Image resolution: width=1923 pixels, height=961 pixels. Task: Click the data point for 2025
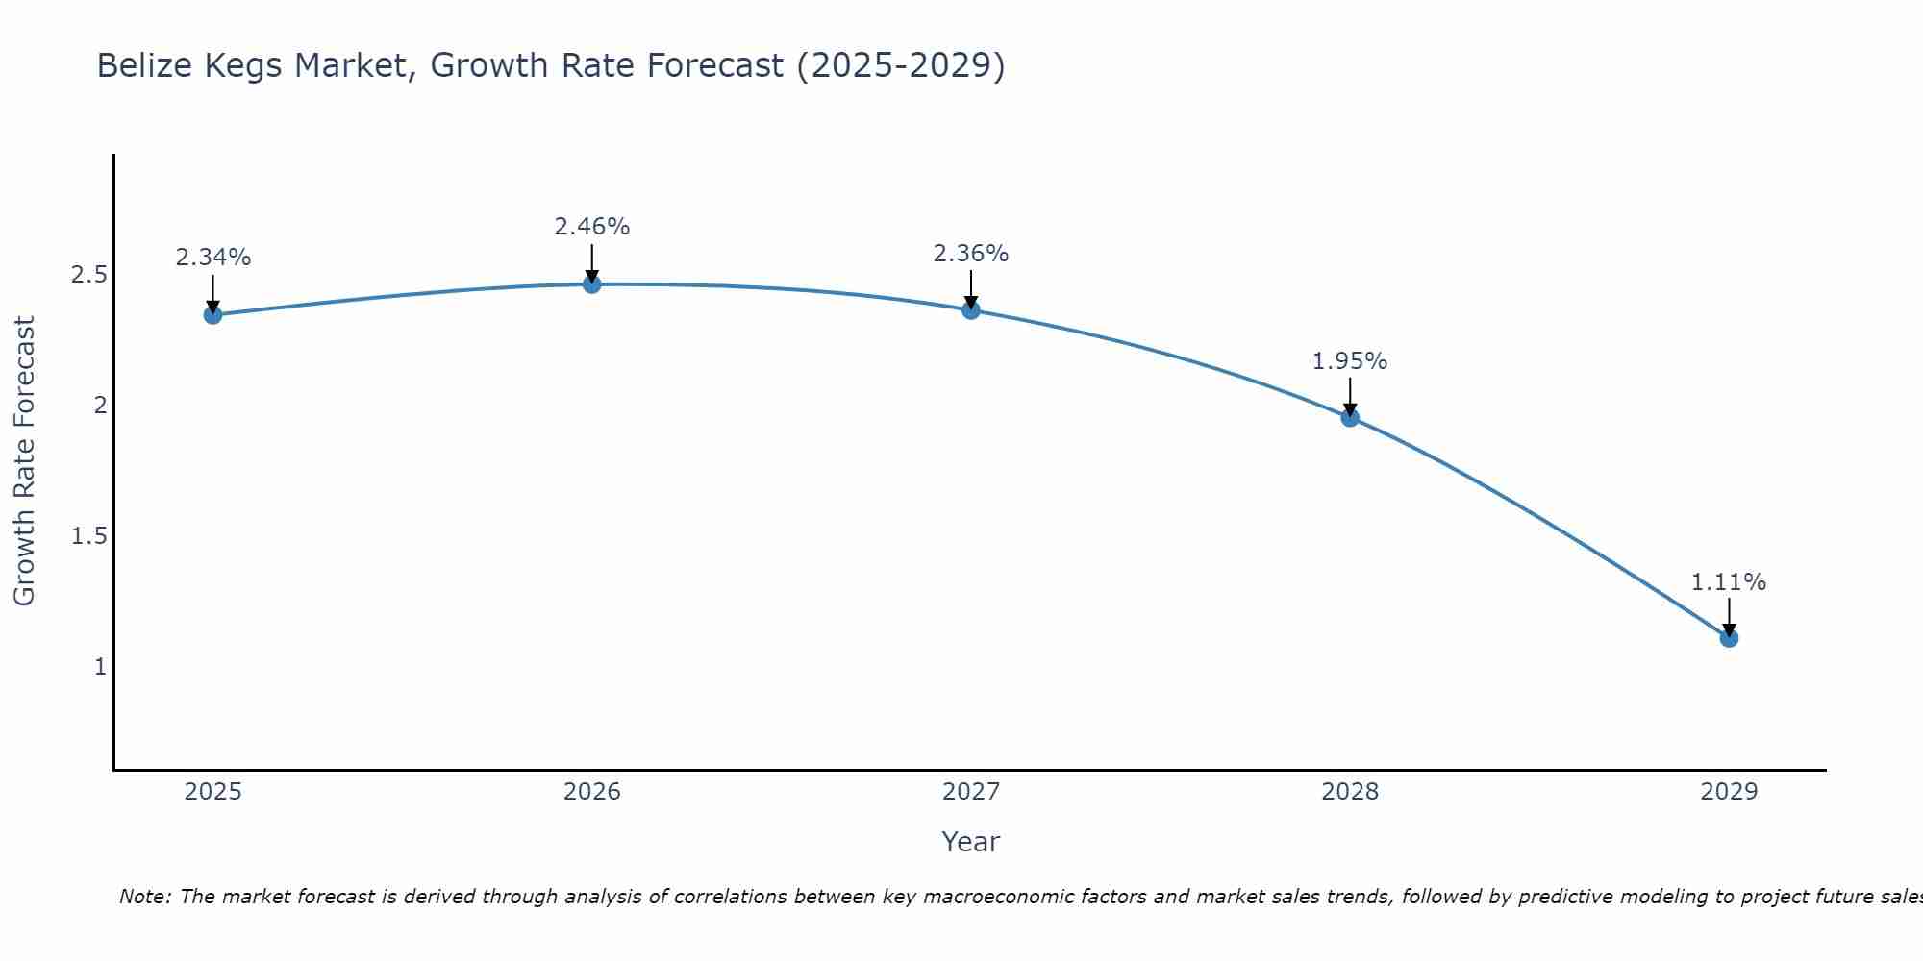tap(212, 314)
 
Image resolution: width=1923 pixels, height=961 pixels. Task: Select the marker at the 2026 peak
tap(591, 283)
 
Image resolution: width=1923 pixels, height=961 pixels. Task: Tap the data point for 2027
tap(971, 309)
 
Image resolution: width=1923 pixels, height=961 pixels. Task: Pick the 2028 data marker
tap(1350, 417)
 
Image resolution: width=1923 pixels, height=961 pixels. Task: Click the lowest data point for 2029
tap(1729, 637)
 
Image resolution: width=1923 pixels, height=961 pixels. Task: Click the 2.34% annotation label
tap(212, 258)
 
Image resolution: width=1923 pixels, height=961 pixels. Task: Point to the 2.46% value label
tap(591, 227)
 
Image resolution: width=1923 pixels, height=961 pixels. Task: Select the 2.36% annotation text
tap(971, 254)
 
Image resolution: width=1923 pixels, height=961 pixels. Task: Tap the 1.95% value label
tap(1350, 361)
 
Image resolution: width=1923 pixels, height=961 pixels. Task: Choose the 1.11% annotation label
tap(1729, 582)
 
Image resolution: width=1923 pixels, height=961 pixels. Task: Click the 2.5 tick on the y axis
tap(88, 275)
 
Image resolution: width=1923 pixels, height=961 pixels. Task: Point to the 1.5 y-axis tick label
tap(88, 536)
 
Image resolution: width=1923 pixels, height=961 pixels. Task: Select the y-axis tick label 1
tap(100, 666)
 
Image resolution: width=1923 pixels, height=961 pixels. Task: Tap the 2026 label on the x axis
tap(591, 792)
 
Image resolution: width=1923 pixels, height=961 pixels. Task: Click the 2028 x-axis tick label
tap(1350, 792)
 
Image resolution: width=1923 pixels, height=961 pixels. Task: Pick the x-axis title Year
tap(971, 842)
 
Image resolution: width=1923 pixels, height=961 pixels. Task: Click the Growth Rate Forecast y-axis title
tap(24, 461)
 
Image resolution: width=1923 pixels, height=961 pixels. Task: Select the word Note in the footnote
tap(143, 897)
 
